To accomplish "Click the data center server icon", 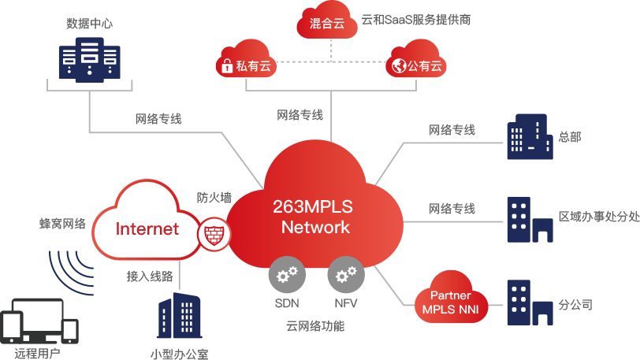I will pos(89,61).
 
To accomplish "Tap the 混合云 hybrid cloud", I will pos(328,22).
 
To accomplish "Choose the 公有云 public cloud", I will pos(415,63).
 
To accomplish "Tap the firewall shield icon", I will pos(212,234).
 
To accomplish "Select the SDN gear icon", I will pos(288,275).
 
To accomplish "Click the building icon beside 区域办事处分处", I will pos(529,218).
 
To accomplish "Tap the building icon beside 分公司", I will pos(529,303).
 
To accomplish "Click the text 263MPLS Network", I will pos(312,217).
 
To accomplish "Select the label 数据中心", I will pos(89,24).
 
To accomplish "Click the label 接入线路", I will pos(150,276).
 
